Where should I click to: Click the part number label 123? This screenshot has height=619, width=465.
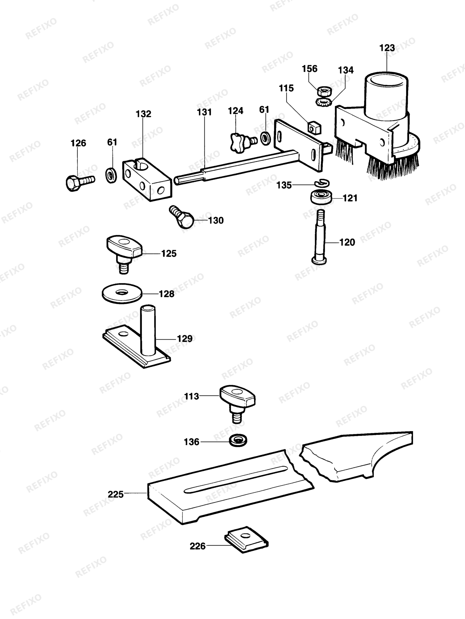(387, 48)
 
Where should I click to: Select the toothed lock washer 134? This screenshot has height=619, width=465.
(324, 102)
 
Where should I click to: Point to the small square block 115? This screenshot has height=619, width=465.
(314, 127)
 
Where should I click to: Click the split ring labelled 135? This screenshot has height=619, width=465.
(322, 183)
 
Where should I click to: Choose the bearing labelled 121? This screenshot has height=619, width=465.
(321, 197)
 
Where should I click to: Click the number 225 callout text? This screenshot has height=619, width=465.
(116, 494)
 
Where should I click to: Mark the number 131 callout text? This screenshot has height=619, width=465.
(204, 112)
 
